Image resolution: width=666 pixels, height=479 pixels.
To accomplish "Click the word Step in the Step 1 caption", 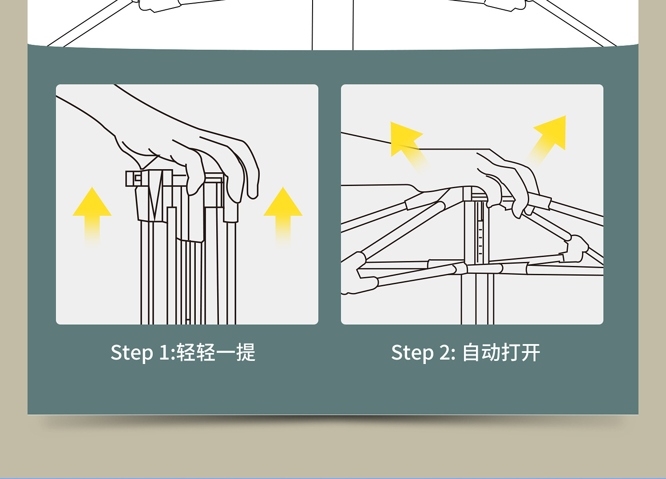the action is pos(131,353).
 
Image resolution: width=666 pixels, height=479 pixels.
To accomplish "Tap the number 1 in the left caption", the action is pos(164,353).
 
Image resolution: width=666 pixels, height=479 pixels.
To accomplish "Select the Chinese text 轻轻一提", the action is pos(216,353).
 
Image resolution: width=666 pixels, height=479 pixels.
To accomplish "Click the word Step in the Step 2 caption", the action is pos(412,353).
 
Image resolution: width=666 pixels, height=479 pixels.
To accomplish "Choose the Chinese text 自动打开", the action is pos(501,353).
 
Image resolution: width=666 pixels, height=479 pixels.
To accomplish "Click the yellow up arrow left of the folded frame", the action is pos(92,213).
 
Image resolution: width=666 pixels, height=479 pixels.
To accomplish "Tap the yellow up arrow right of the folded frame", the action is pos(283,213).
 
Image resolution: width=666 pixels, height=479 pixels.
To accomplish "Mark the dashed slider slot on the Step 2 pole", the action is pos(480,235).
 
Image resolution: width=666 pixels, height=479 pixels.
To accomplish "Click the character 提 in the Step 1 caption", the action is pos(246,353).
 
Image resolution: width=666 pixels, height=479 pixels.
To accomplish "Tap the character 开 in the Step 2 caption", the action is pos(531,353).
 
